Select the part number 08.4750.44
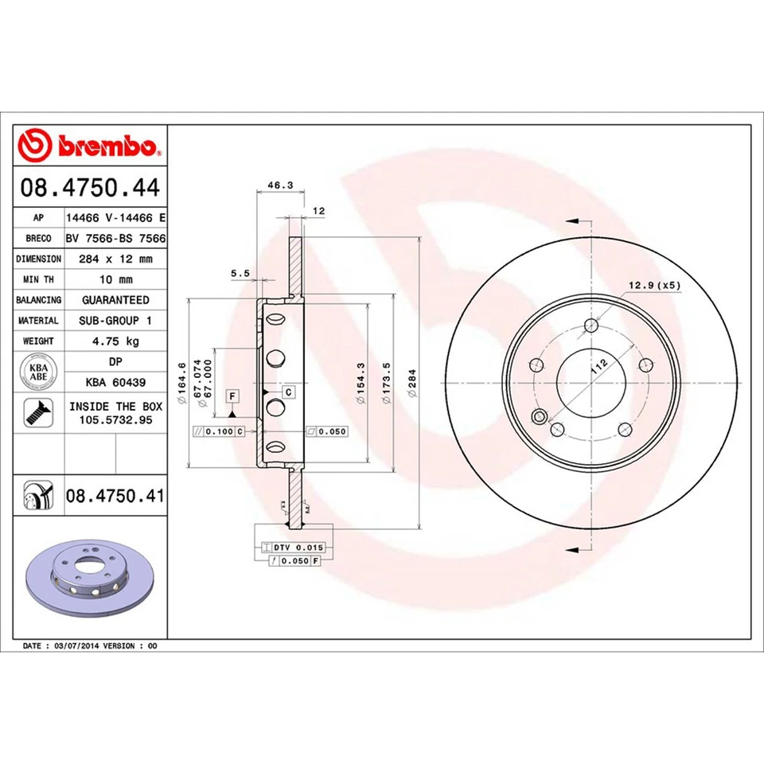[x=90, y=189]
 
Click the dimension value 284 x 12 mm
[x=116, y=259]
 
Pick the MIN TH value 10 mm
[x=116, y=279]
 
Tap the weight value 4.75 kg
[x=116, y=341]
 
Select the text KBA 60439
[x=116, y=383]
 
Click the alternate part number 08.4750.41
[x=115, y=496]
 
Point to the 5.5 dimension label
[x=240, y=273]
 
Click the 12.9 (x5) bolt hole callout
[x=654, y=285]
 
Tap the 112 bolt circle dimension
[x=598, y=368]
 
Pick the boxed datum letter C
[x=288, y=392]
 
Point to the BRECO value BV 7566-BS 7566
[x=116, y=238]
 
